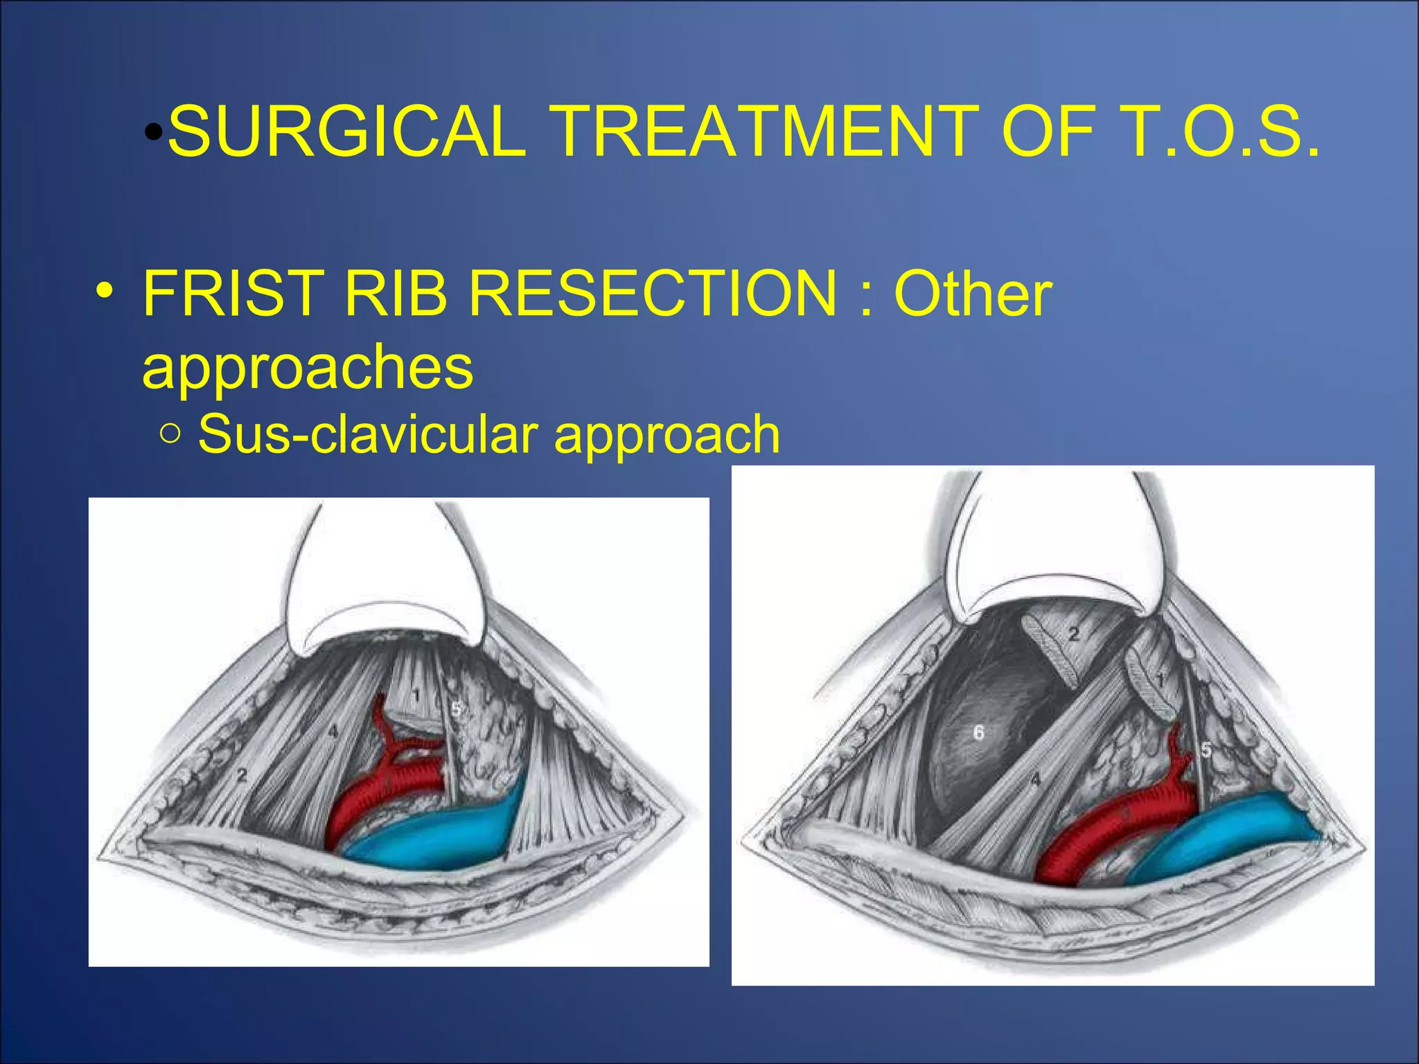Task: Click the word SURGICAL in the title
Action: (x=346, y=132)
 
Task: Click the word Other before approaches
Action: (x=973, y=294)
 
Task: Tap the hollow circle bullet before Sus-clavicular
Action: (x=170, y=435)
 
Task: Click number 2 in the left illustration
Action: (x=242, y=776)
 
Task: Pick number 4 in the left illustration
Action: (x=333, y=731)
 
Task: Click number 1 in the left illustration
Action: (x=416, y=695)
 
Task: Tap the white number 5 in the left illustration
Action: (x=456, y=709)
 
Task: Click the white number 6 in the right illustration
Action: (x=978, y=732)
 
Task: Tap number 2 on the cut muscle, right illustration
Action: (x=1073, y=634)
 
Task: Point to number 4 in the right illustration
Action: (x=1035, y=780)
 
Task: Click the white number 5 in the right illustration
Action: (x=1206, y=750)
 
